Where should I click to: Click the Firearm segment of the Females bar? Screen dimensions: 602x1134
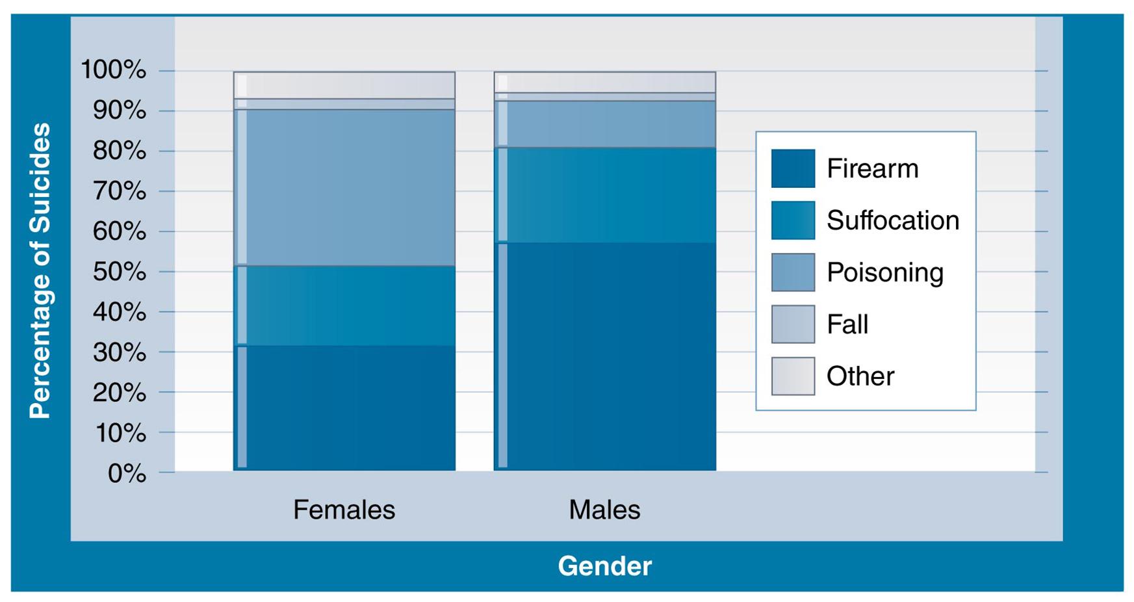click(x=344, y=408)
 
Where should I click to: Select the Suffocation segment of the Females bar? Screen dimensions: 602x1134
click(x=344, y=306)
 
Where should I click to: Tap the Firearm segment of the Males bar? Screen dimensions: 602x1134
click(x=605, y=356)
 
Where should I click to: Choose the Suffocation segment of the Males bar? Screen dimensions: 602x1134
click(x=605, y=195)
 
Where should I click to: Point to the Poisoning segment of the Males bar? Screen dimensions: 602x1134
click(x=605, y=124)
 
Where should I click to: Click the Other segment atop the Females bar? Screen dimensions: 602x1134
click(x=344, y=85)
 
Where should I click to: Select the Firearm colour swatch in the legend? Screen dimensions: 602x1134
click(x=793, y=168)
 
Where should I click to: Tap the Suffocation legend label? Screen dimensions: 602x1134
click(x=892, y=220)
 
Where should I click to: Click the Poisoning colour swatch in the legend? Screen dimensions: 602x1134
click(x=793, y=272)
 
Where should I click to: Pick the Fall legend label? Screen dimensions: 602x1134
click(x=847, y=324)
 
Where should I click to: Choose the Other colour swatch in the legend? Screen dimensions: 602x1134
click(x=793, y=376)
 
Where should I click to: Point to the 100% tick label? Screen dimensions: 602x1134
click(x=113, y=70)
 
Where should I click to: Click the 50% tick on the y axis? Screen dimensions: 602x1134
click(x=120, y=272)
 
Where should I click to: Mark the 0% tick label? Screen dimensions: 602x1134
click(x=127, y=473)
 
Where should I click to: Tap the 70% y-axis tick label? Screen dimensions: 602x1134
click(x=120, y=191)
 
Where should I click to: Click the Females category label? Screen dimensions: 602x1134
click(x=344, y=510)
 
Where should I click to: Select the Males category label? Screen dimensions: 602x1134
click(x=604, y=510)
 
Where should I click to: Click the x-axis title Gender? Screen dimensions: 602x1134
click(x=604, y=566)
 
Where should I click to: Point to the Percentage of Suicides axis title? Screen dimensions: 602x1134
click(x=40, y=270)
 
